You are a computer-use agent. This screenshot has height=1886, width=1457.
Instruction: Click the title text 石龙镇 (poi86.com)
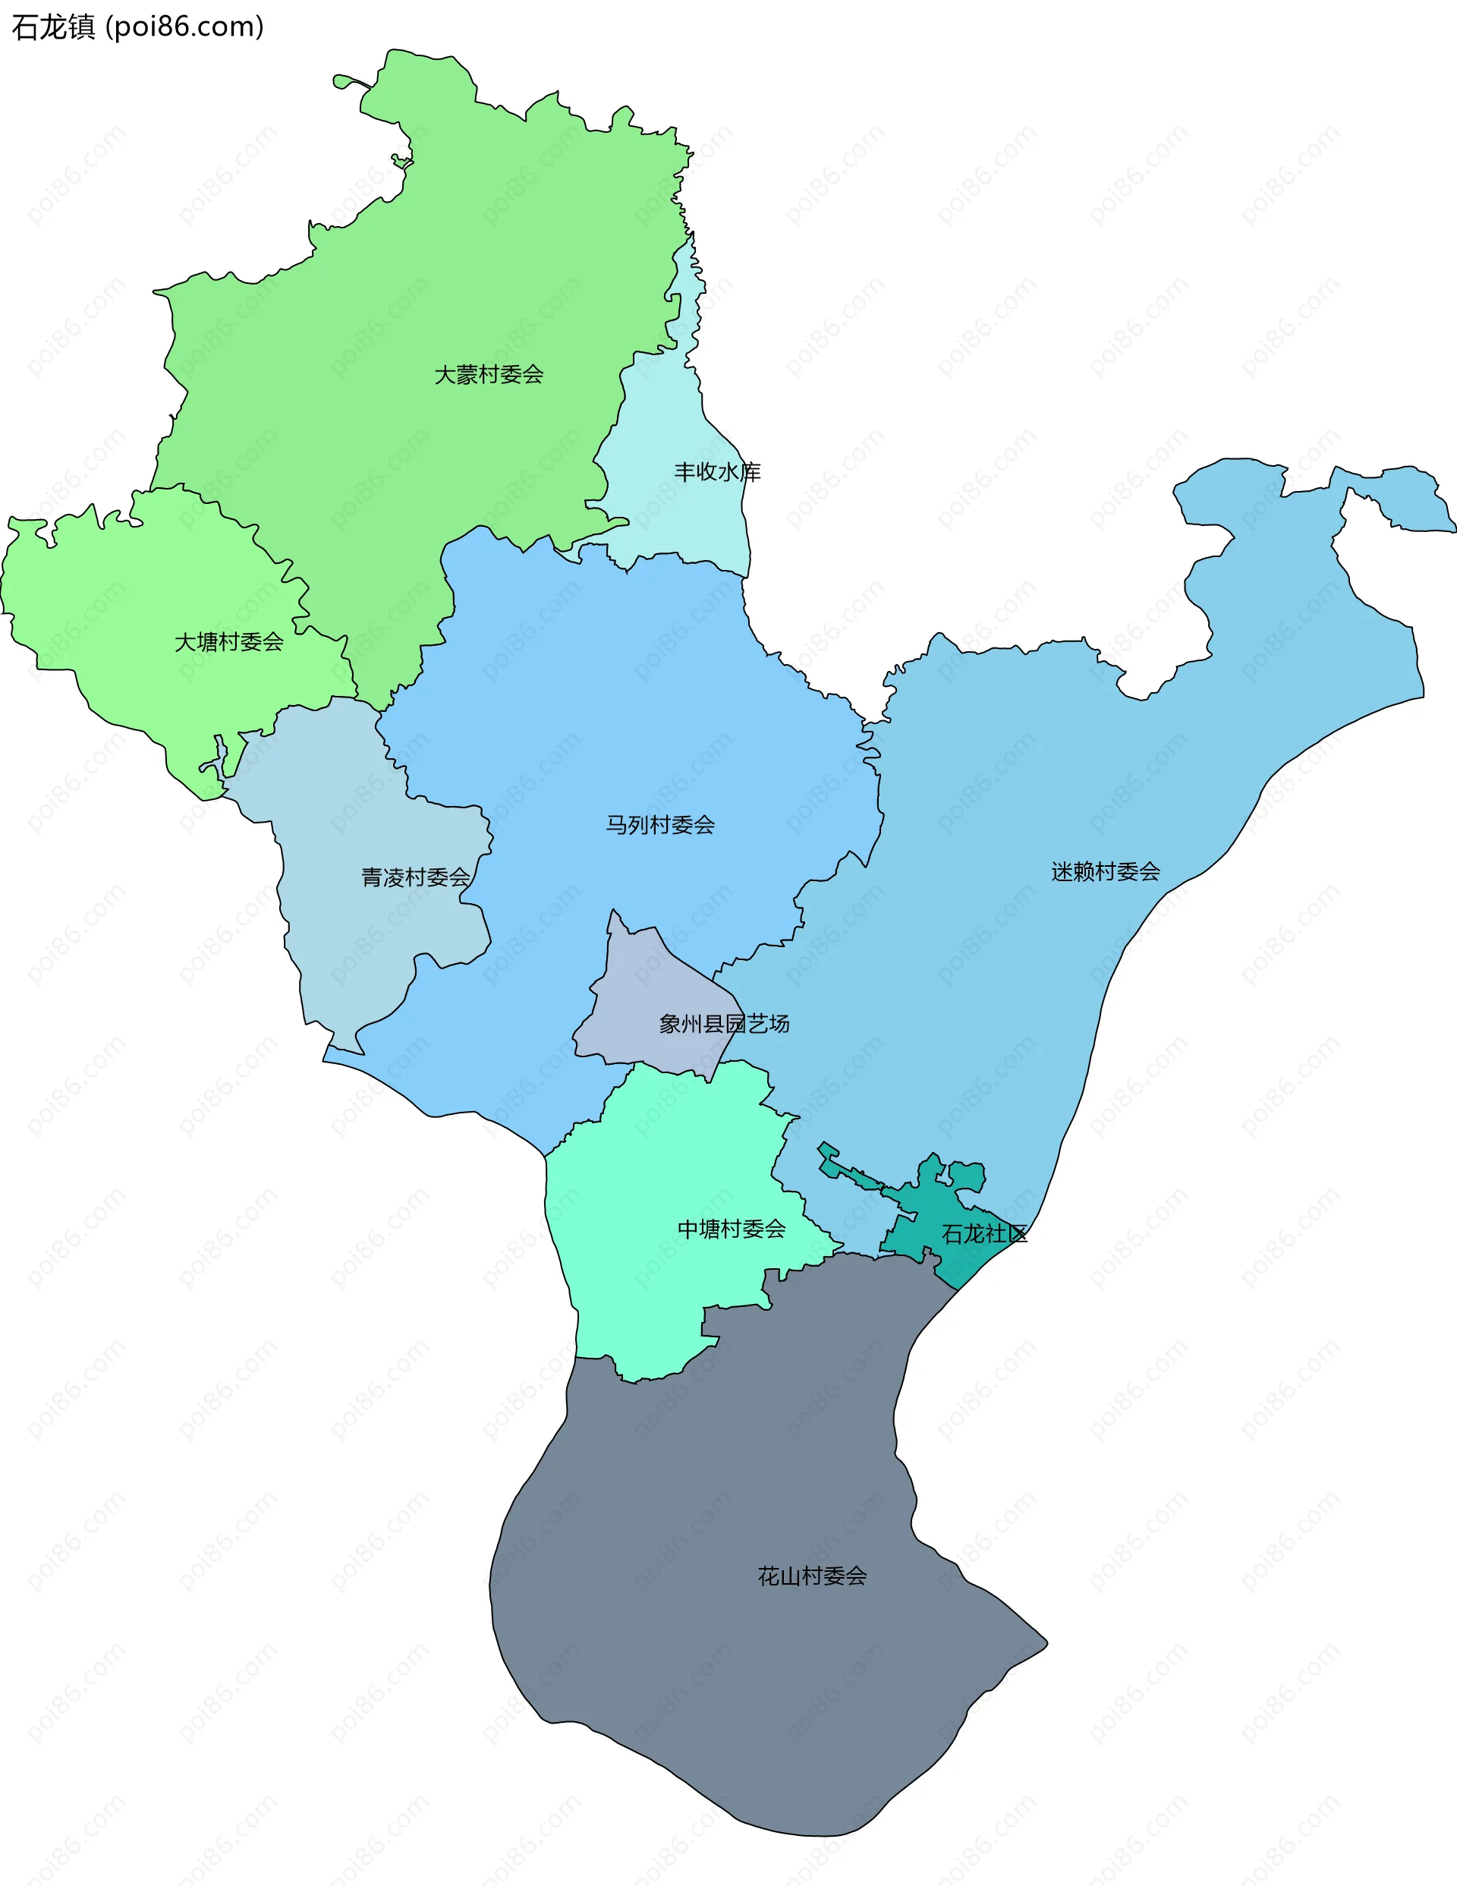(137, 27)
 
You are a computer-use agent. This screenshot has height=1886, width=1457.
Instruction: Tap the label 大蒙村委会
(488, 375)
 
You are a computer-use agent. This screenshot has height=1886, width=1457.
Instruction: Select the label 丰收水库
(717, 471)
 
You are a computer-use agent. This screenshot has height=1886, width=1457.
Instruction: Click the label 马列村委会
(660, 825)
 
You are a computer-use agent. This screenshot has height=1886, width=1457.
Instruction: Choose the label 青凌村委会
(415, 877)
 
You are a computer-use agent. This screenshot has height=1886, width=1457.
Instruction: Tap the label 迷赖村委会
(1105, 871)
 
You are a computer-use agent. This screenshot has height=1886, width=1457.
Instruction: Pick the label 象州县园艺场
(724, 1023)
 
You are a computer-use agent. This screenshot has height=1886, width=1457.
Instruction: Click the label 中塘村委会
(731, 1229)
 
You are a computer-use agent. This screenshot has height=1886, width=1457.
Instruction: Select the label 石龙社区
(983, 1234)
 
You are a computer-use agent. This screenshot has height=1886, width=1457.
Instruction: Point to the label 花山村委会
(812, 1576)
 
